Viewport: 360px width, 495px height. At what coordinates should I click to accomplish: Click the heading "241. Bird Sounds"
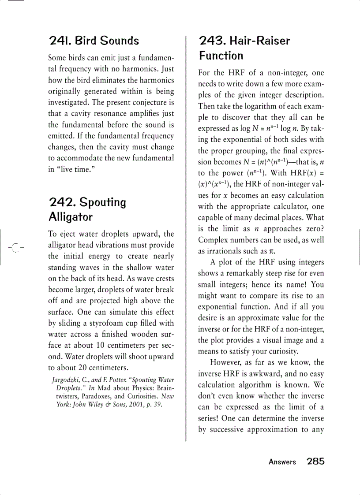[x=94, y=41]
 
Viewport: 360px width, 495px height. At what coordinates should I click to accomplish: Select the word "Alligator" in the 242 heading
[x=71, y=217]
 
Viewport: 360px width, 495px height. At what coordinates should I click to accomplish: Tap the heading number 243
[x=212, y=41]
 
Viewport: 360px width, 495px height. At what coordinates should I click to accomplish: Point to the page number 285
[x=315, y=462]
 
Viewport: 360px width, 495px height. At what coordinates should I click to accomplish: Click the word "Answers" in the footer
[x=282, y=462]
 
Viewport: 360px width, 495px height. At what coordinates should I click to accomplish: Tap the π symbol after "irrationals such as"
[x=272, y=251]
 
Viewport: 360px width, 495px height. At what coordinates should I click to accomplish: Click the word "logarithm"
[x=252, y=106]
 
